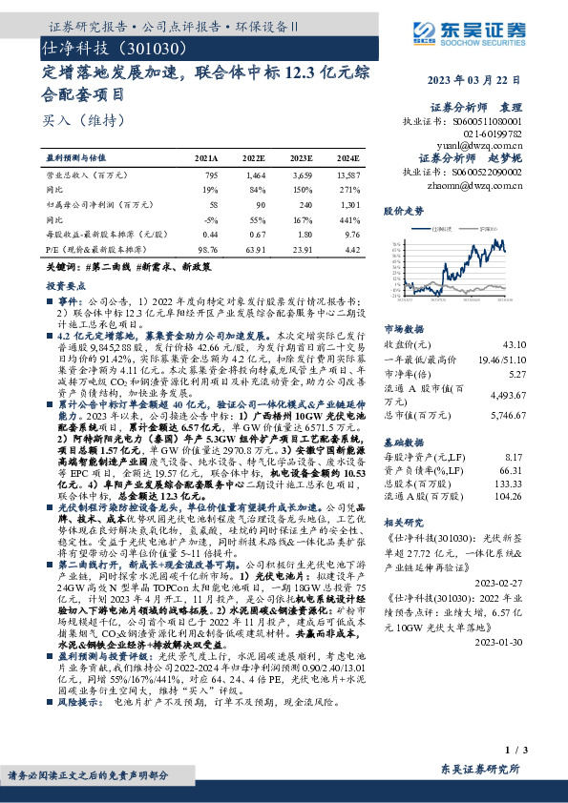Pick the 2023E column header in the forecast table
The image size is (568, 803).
(300, 157)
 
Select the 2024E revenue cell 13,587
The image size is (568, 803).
(347, 175)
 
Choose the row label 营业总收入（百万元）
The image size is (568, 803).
(87, 175)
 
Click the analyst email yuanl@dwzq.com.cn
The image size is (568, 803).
(488, 146)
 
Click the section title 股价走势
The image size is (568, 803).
(402, 209)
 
